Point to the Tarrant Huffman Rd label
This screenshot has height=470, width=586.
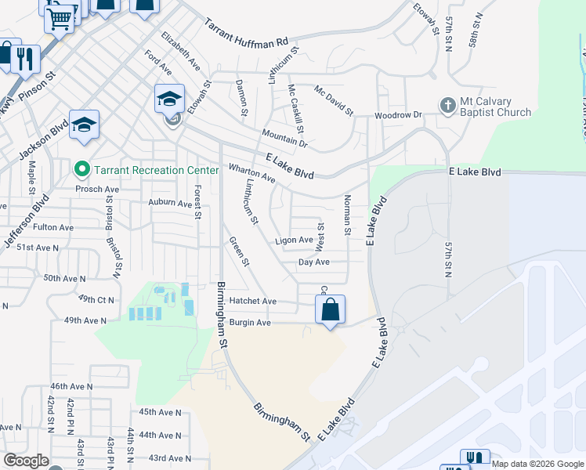tap(247, 33)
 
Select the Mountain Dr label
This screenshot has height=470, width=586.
tap(284, 138)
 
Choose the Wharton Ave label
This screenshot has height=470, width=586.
tap(251, 173)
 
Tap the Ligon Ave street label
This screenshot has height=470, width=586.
tap(294, 240)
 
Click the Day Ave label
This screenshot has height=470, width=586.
tap(313, 262)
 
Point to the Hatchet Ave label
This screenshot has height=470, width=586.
tap(253, 302)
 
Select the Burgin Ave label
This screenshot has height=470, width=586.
tap(250, 323)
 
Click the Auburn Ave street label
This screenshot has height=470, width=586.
tap(171, 203)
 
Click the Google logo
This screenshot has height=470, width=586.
tap(26, 461)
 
